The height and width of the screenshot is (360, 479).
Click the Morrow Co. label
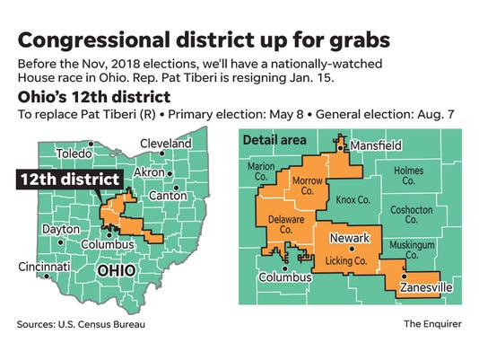[308, 187]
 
